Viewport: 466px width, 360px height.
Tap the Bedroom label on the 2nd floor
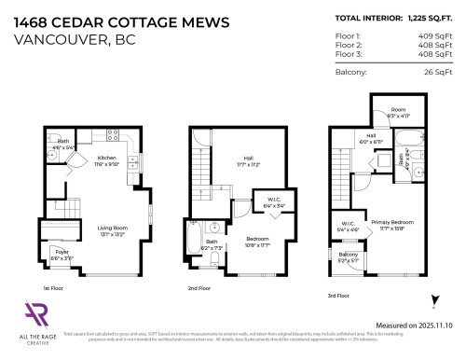click(256, 240)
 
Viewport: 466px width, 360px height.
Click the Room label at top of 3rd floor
click(398, 109)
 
